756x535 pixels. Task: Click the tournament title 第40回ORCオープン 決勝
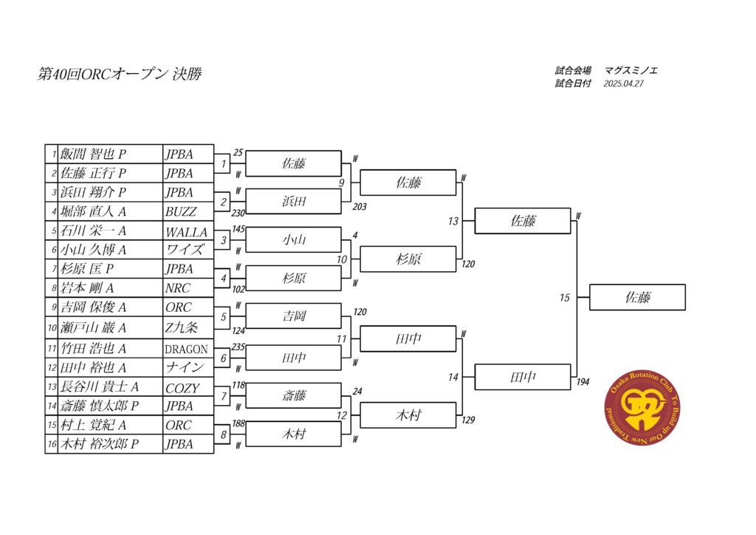[120, 74]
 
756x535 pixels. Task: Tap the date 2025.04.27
[623, 84]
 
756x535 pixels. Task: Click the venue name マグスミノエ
[630, 70]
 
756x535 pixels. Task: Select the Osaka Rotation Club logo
[642, 407]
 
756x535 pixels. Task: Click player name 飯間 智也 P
[93, 154]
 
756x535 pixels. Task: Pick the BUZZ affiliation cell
[188, 211]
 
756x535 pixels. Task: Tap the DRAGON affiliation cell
[188, 349]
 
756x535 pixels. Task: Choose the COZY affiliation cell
[188, 387]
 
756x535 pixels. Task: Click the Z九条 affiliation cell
[188, 328]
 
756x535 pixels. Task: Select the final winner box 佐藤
[637, 297]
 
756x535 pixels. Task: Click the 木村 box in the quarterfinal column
[408, 415]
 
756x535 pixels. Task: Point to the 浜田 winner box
[294, 201]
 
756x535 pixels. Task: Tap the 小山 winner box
[294, 239]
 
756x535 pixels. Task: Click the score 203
[360, 206]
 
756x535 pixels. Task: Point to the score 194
[583, 382]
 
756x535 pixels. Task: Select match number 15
[565, 298]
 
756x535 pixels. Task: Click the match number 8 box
[223, 435]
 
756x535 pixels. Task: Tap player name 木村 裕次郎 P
[100, 444]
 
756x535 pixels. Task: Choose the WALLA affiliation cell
[188, 231]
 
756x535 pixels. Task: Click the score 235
[238, 347]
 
